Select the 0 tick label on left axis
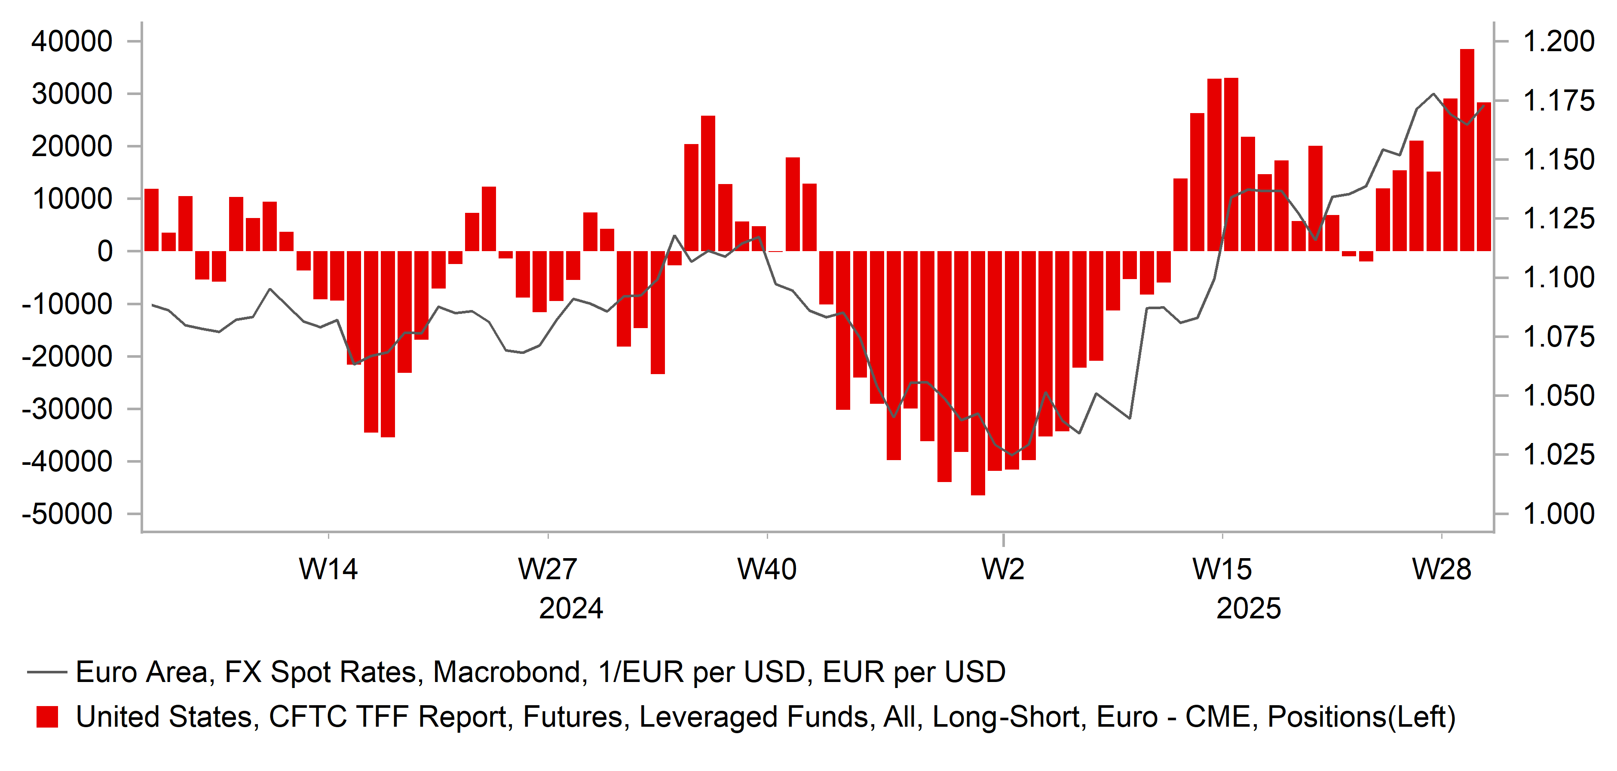pos(105,251)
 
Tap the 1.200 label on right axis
pos(1559,41)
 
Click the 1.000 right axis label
pos(1559,514)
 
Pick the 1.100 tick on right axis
pos(1559,277)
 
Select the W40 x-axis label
pos(766,569)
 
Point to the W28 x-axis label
pos(1441,569)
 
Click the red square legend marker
pos(47,717)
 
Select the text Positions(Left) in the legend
pos(1361,717)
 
